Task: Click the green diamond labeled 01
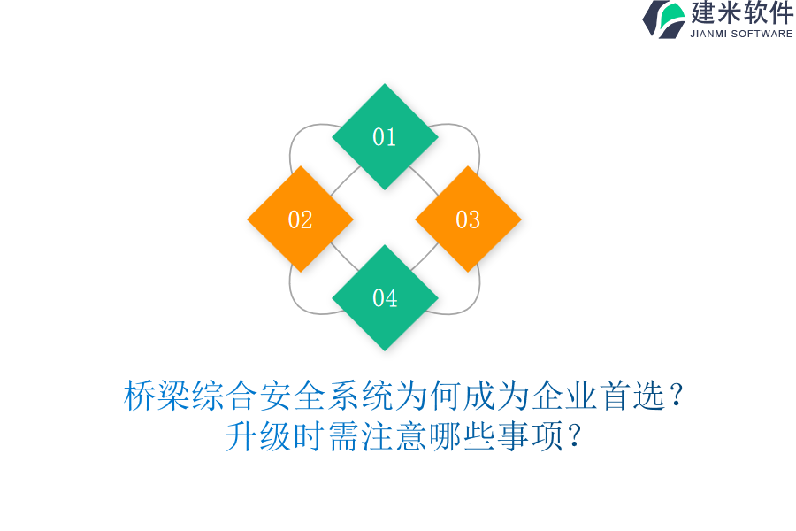click(x=385, y=137)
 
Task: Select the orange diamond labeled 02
click(x=300, y=219)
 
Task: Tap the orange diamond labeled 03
click(x=468, y=219)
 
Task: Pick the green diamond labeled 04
click(x=385, y=298)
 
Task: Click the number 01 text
click(x=385, y=137)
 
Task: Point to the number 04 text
click(x=385, y=298)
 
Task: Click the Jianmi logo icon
click(x=663, y=19)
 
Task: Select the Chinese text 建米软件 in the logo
click(x=742, y=13)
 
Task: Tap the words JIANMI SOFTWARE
click(x=741, y=34)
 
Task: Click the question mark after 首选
click(x=676, y=396)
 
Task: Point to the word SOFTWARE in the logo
click(x=762, y=34)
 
